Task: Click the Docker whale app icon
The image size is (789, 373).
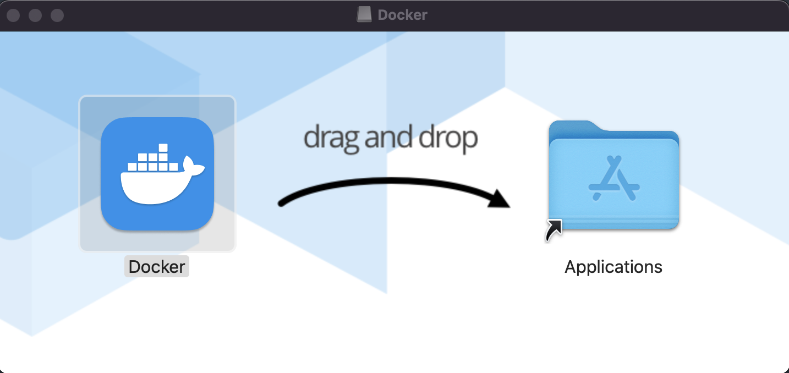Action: click(x=157, y=174)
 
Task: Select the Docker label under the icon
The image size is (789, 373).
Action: click(x=157, y=267)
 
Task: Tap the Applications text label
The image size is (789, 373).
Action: click(x=613, y=267)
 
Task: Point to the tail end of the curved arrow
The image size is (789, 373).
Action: click(x=282, y=204)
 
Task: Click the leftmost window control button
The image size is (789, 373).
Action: click(x=13, y=15)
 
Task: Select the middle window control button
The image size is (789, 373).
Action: click(x=35, y=15)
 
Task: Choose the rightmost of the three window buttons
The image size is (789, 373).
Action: click(x=57, y=15)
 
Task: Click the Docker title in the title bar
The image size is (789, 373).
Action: click(x=402, y=15)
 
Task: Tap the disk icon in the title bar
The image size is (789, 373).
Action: click(x=364, y=15)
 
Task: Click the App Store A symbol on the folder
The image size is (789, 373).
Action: click(x=613, y=179)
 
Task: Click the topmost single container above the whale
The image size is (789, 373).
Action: click(x=162, y=147)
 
